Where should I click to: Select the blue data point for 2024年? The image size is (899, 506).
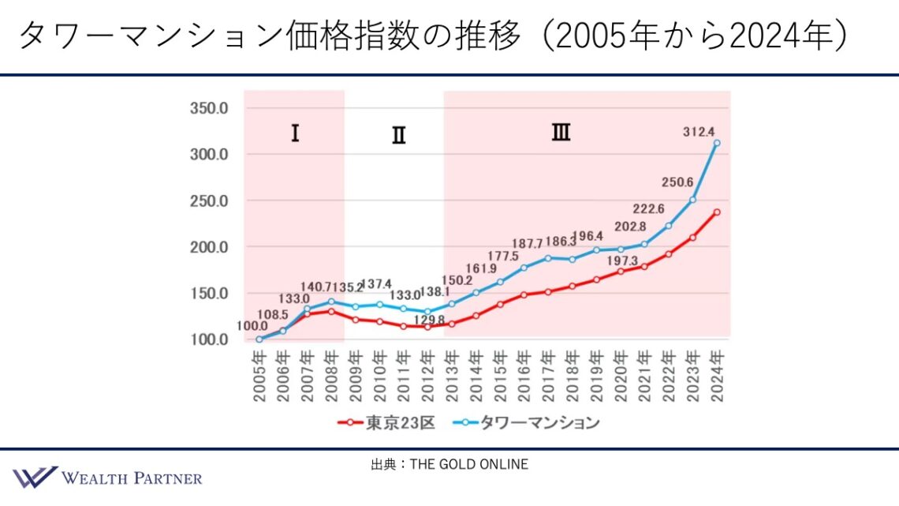(717, 144)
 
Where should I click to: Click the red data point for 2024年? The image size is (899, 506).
(717, 212)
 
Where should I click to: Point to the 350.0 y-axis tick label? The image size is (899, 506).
(208, 108)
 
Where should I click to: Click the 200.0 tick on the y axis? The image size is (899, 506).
(208, 247)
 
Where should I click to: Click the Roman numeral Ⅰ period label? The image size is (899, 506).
(294, 133)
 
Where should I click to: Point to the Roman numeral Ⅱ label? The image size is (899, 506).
(398, 136)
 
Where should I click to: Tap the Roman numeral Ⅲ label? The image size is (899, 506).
(561, 133)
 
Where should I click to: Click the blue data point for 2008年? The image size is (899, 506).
(331, 302)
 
